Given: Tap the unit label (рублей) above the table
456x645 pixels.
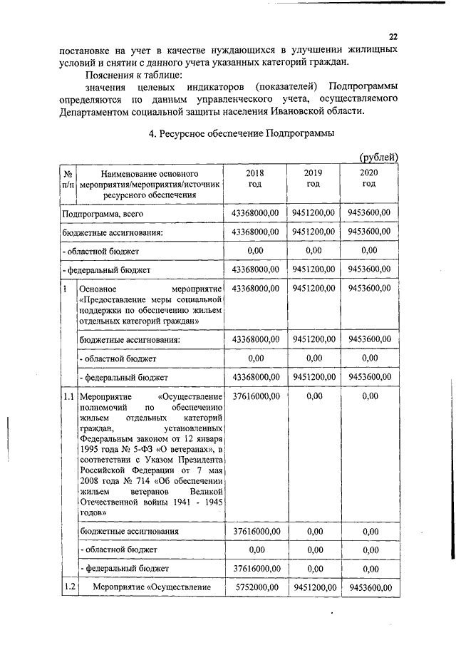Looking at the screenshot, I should [x=378, y=157].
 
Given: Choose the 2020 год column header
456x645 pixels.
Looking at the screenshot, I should [x=368, y=179].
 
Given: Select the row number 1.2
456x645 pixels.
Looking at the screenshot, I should [x=68, y=587].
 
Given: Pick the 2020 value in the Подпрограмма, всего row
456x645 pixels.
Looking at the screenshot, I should [x=369, y=212].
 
